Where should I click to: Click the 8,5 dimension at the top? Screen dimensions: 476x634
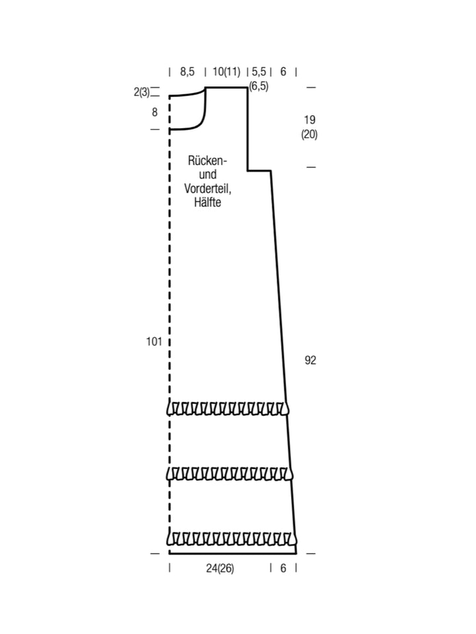point(187,72)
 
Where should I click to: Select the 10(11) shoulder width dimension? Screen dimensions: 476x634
point(226,72)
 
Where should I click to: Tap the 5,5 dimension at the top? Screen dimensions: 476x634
point(258,72)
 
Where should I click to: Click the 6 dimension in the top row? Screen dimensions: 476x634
point(283,72)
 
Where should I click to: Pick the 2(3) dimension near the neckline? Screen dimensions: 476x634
point(141,92)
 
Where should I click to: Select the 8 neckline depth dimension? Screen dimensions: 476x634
point(155,112)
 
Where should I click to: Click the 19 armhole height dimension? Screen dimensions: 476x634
point(309,120)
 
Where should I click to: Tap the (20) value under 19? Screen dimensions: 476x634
point(309,134)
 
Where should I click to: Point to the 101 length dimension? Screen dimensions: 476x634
point(154,341)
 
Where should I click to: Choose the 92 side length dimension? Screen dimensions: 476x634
point(310,361)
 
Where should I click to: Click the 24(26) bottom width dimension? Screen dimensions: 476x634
point(219,569)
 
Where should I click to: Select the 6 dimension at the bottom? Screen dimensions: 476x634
point(283,569)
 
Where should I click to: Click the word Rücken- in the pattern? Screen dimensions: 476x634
point(207,160)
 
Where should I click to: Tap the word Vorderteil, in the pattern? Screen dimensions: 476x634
point(208,188)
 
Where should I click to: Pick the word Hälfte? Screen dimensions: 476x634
point(208,202)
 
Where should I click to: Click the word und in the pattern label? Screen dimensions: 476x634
point(208,174)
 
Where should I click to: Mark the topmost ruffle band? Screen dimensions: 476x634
point(228,408)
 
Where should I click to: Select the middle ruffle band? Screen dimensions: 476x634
point(229,474)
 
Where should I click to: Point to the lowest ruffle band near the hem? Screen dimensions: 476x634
point(231,539)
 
